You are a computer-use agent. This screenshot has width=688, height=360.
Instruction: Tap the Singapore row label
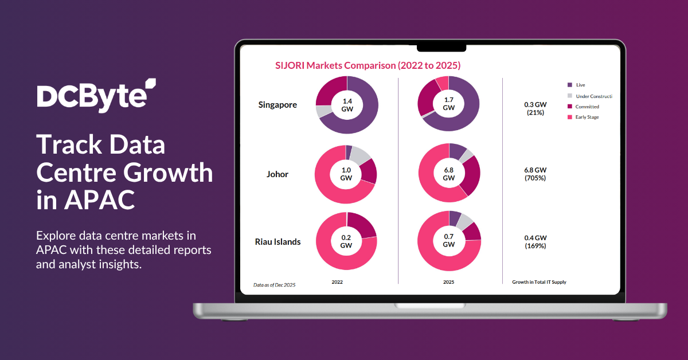click(x=277, y=105)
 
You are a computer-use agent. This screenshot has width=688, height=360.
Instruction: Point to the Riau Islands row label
click(x=277, y=241)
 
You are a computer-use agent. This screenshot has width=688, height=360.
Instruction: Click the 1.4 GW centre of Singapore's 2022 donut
click(x=347, y=104)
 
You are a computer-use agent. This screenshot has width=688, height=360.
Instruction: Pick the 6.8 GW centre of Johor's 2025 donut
click(x=449, y=174)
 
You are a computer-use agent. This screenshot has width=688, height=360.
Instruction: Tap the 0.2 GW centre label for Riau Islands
click(x=346, y=241)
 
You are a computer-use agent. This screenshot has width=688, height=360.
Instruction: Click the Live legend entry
click(x=580, y=85)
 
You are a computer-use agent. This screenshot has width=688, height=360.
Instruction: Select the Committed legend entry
click(x=588, y=107)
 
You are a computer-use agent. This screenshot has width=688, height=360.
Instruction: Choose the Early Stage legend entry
click(x=588, y=117)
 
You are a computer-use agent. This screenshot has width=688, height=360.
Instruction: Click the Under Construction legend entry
click(x=593, y=96)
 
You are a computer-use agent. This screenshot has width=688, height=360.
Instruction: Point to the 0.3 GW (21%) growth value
click(x=535, y=109)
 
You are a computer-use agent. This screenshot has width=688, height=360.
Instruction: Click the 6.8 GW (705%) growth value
click(x=535, y=174)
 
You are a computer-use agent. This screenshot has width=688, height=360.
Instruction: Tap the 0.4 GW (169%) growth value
click(x=535, y=241)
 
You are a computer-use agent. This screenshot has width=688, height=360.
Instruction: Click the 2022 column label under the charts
click(x=338, y=282)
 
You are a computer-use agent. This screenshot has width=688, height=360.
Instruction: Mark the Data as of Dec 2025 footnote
click(x=275, y=284)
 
